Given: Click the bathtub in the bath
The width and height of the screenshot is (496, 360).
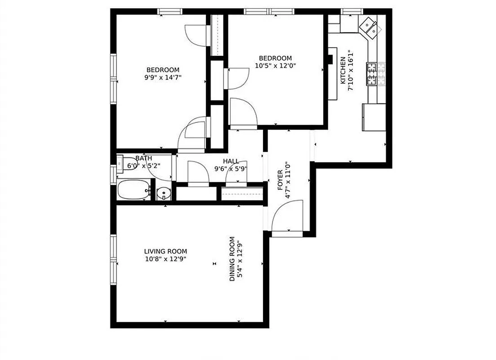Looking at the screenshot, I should (134, 190).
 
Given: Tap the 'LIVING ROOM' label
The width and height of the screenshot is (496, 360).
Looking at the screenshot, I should (165, 251).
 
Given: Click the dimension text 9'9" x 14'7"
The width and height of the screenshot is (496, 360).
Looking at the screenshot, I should (163, 77).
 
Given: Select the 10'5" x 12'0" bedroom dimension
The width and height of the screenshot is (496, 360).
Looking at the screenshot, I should (275, 66).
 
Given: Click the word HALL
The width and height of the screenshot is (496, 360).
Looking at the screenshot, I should (231, 161).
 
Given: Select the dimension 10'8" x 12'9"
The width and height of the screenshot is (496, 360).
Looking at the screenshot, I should (165, 259).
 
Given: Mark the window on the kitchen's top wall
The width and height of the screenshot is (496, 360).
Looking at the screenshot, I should (352, 11).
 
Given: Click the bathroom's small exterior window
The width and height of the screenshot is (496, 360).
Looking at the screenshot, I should (113, 174).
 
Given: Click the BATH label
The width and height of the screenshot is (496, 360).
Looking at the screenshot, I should (143, 158).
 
